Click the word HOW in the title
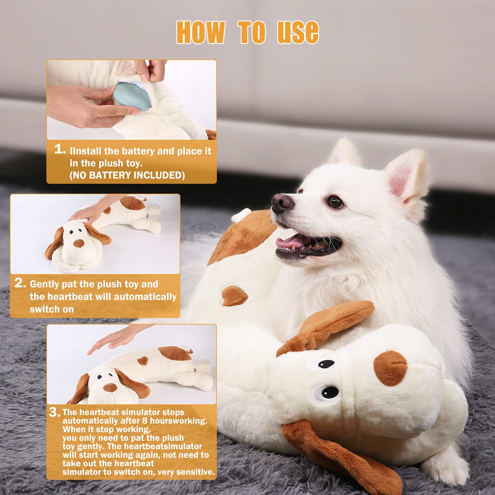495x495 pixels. (200, 32)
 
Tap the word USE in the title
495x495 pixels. (298, 32)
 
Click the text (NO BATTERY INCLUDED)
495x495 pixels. (127, 175)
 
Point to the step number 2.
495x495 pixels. (20, 283)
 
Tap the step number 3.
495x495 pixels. (54, 412)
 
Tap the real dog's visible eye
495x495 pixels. (335, 202)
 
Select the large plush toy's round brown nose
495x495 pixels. (390, 368)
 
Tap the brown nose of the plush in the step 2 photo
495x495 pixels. (79, 243)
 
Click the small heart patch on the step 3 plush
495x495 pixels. (143, 360)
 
